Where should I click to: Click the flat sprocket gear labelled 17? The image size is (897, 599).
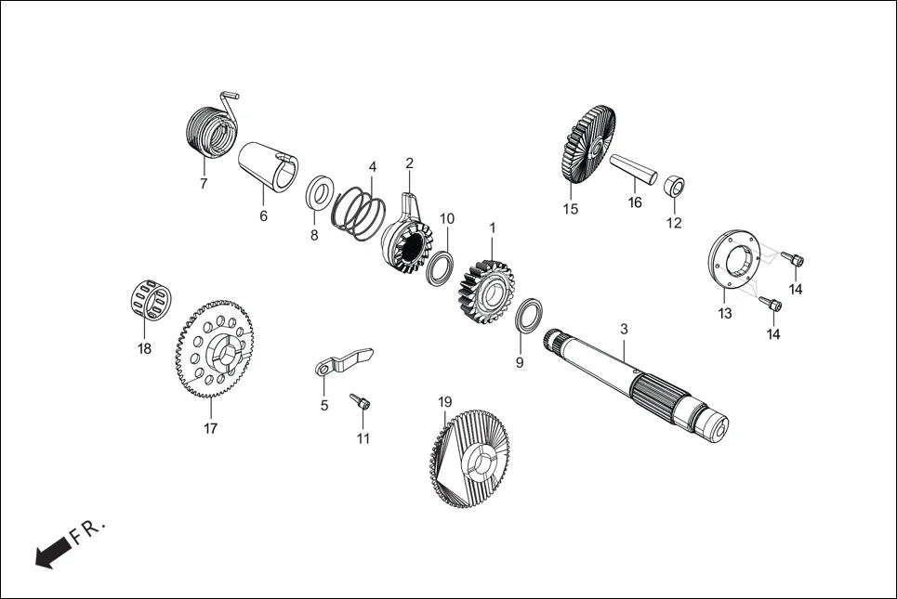tap(214, 348)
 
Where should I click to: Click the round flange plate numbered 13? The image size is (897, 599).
tap(733, 256)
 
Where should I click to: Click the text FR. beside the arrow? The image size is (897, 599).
tap(90, 532)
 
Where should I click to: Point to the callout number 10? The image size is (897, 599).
tap(447, 219)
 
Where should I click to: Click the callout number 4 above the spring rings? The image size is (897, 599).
tap(372, 167)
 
